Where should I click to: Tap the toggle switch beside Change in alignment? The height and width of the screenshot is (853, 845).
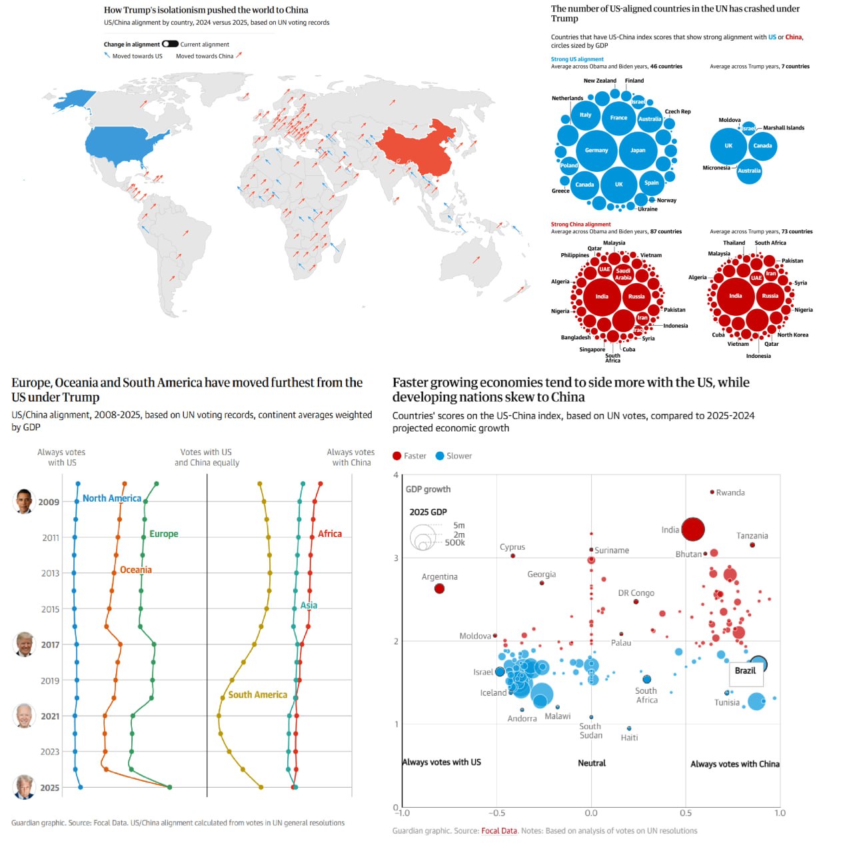170,44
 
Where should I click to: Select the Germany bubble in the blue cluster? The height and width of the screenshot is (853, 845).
596,150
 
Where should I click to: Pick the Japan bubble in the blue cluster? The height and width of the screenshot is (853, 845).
638,150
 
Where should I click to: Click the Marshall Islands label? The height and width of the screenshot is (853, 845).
783,128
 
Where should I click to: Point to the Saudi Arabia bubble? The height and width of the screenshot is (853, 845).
623,273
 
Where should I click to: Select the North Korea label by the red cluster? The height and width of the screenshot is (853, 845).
792,335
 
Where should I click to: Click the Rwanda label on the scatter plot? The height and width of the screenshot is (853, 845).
730,492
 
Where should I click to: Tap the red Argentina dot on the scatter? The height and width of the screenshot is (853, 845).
439,588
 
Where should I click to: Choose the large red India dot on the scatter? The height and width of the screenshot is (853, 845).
693,529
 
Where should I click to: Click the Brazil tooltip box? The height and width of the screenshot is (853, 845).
745,671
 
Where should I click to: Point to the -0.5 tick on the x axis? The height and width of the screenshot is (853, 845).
496,813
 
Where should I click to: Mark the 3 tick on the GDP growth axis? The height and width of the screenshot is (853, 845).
397,558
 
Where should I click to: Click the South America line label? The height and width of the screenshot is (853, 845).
257,694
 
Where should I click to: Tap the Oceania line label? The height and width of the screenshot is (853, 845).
135,570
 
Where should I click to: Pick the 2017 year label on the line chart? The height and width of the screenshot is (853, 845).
50,644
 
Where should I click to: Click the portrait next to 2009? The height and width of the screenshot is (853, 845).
24,501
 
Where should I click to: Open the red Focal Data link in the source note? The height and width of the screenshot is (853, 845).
499,831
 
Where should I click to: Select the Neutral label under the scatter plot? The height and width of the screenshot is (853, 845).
592,763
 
